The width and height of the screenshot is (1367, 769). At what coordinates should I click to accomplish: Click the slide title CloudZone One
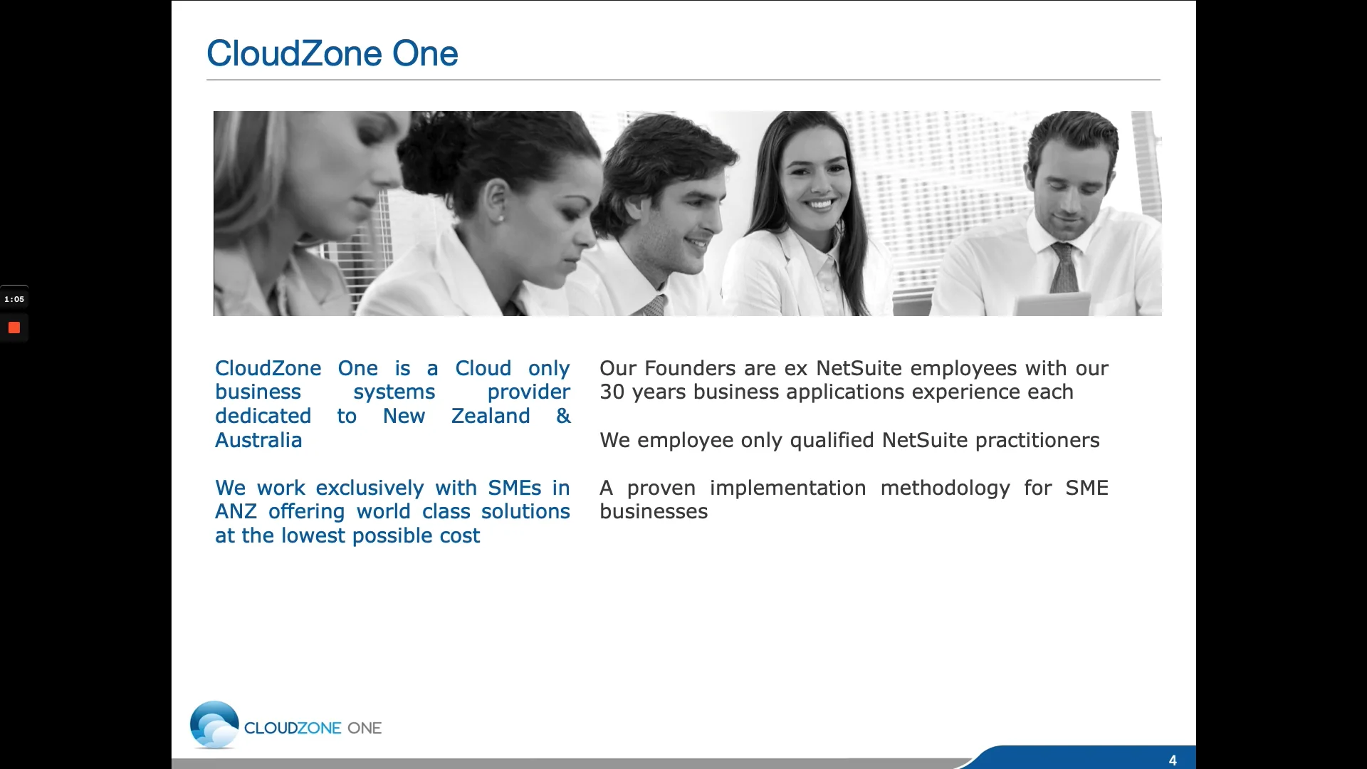click(x=332, y=53)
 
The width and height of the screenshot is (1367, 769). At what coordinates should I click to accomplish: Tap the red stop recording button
click(x=14, y=328)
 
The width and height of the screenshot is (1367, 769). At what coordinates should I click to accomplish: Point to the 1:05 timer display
click(x=14, y=299)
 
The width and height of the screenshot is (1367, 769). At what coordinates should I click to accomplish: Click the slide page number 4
click(x=1173, y=760)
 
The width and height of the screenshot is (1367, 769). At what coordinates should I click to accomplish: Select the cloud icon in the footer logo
click(x=214, y=725)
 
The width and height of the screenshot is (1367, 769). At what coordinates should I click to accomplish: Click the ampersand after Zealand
click(x=563, y=416)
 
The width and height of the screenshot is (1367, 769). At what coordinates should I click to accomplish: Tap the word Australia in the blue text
click(x=258, y=440)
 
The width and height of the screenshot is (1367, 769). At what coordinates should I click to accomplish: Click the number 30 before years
click(x=612, y=392)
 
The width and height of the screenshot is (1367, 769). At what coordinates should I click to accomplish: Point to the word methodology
click(x=945, y=488)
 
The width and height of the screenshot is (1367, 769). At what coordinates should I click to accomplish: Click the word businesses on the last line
click(x=654, y=512)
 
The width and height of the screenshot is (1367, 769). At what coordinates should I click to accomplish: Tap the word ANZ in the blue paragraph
click(x=236, y=512)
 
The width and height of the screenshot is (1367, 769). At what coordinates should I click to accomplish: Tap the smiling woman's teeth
click(x=819, y=204)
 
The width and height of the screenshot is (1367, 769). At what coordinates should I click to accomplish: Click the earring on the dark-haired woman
click(x=501, y=218)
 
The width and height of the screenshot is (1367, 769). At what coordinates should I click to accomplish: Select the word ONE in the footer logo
click(x=365, y=728)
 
